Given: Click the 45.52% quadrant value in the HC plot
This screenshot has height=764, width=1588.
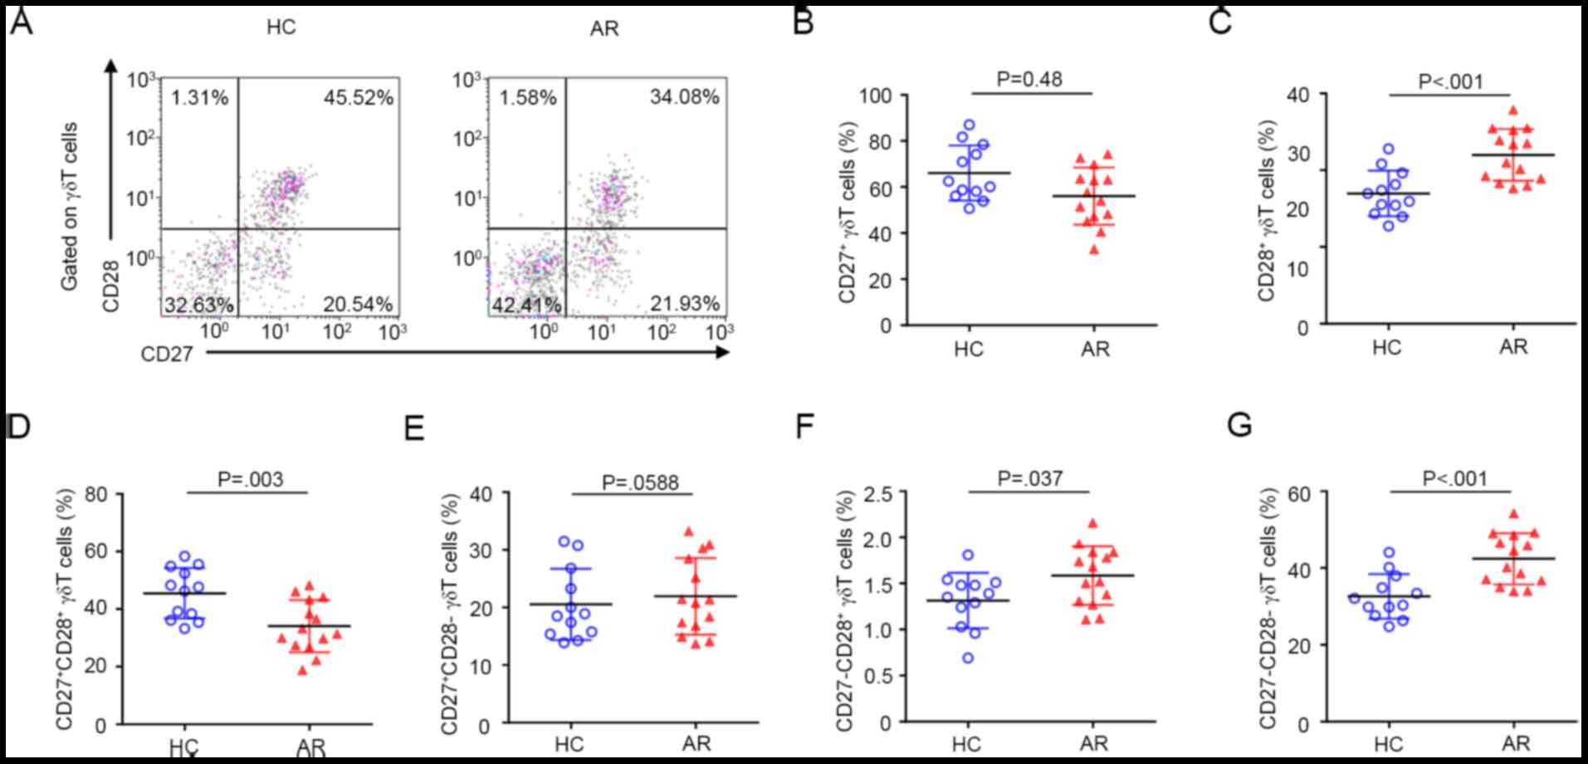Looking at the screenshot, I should (358, 98).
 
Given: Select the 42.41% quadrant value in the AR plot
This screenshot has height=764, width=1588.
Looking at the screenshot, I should (526, 305).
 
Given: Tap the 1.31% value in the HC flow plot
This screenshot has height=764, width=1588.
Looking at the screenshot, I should (199, 98).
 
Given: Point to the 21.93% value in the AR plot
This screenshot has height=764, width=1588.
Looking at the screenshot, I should (684, 304).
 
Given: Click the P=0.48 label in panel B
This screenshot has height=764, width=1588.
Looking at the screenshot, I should (1029, 79).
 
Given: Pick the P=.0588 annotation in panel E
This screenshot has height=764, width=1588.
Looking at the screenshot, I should (640, 482).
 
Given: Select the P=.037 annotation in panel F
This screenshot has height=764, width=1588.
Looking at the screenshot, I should (1030, 478).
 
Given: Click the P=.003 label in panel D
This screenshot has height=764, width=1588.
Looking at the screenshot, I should (250, 479).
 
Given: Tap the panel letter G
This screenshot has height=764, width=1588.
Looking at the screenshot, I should (1239, 426).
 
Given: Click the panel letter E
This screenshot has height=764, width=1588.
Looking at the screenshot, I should (413, 429).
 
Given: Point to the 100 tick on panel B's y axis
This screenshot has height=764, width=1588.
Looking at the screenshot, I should (875, 95).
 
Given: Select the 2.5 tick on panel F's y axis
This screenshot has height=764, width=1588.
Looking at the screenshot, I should (877, 493).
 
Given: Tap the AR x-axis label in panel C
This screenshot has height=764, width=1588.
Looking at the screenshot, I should (1512, 346).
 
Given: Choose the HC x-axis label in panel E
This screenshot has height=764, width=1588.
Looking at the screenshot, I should (569, 743).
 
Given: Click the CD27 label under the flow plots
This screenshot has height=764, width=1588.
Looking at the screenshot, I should (166, 355).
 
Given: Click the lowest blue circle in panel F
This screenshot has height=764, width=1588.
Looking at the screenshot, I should (969, 658).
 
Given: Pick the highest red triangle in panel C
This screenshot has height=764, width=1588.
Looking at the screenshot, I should (1512, 110).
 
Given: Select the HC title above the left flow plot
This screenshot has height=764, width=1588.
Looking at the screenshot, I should (281, 27).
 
